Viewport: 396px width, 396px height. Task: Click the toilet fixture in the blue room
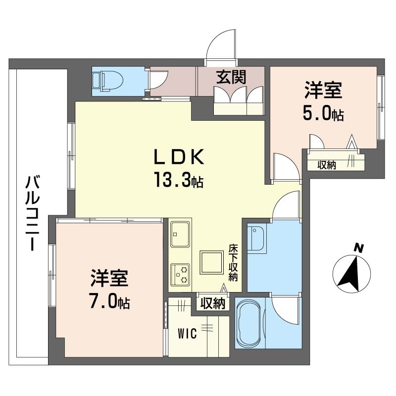pyautogui.click(x=107, y=81)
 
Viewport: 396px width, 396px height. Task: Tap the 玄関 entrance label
pyautogui.click(x=231, y=77)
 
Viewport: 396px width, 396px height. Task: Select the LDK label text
pyautogui.click(x=179, y=157)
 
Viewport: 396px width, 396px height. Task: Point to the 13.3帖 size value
pyautogui.click(x=179, y=179)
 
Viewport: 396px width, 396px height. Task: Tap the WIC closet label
pyautogui.click(x=187, y=334)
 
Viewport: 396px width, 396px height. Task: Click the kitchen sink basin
pyautogui.click(x=180, y=234)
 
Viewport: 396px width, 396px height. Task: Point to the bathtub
pyautogui.click(x=249, y=325)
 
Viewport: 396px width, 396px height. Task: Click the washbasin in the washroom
pyautogui.click(x=256, y=239)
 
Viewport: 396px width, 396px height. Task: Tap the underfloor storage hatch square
pyautogui.click(x=212, y=262)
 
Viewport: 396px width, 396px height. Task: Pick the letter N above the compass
pyautogui.click(x=358, y=248)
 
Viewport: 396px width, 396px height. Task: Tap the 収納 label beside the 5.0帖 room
pyautogui.click(x=327, y=165)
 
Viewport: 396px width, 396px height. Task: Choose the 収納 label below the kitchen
pyautogui.click(x=213, y=303)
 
